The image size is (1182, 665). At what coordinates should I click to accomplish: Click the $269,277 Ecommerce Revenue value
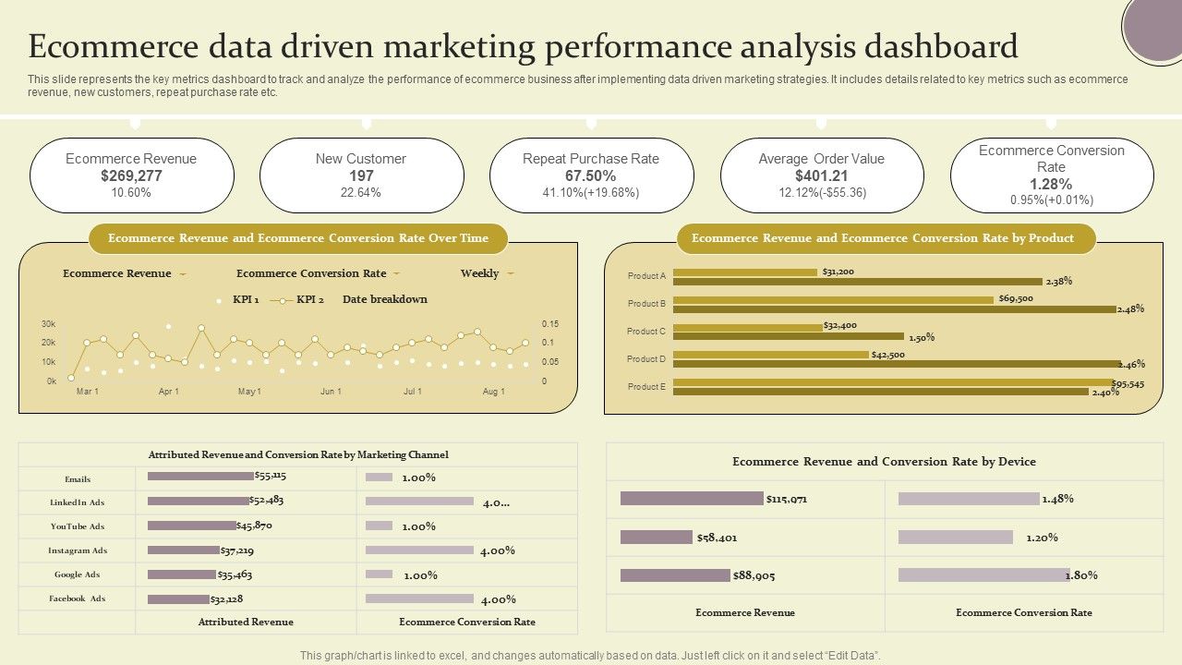pyautogui.click(x=131, y=175)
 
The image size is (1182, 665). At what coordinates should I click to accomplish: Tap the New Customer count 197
pyautogui.click(x=361, y=175)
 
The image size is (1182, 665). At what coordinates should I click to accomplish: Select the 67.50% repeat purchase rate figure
pyautogui.click(x=590, y=175)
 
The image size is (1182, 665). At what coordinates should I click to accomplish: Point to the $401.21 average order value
pyautogui.click(x=821, y=175)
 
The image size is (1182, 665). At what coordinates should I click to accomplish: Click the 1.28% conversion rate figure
pyautogui.click(x=1051, y=184)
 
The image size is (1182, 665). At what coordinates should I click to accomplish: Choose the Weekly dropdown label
pyautogui.click(x=480, y=273)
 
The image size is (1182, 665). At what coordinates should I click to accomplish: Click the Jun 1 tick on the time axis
pyautogui.click(x=331, y=392)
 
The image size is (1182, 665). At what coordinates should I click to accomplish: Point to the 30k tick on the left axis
pyautogui.click(x=48, y=324)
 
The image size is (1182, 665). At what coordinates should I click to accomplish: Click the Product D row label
pyautogui.click(x=646, y=358)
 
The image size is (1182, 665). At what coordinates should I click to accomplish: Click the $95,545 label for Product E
pyautogui.click(x=1128, y=383)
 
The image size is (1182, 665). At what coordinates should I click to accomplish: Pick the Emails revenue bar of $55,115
pyautogui.click(x=200, y=477)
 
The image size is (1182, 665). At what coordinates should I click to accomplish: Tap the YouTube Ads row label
pyautogui.click(x=78, y=526)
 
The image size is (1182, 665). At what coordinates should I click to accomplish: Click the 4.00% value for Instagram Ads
pyautogui.click(x=497, y=550)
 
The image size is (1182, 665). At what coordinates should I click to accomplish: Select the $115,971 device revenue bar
pyautogui.click(x=692, y=499)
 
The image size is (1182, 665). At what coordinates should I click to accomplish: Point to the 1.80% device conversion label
pyautogui.click(x=1082, y=575)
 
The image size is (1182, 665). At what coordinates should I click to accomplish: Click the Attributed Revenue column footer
pyautogui.click(x=246, y=622)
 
